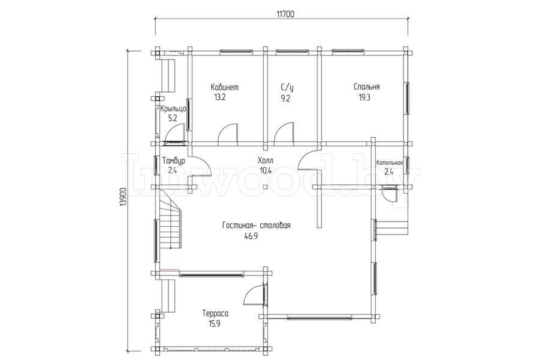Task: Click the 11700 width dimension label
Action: (285, 14)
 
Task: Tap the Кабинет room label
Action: (224, 87)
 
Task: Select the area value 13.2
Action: (220, 97)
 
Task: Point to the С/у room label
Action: (285, 88)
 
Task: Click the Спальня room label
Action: (367, 87)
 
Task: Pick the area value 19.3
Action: (364, 97)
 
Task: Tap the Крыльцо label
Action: (173, 109)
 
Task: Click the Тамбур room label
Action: (174, 161)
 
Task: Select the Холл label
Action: (265, 161)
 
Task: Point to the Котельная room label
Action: (390, 162)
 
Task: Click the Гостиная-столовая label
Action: (256, 226)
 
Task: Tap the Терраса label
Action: (215, 313)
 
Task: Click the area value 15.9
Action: (214, 324)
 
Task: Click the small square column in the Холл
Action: (264, 187)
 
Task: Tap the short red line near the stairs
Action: (170, 269)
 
